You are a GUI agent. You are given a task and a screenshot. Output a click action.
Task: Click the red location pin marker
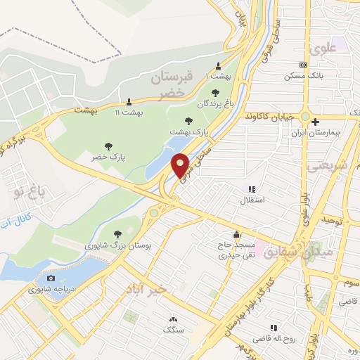point(181,165)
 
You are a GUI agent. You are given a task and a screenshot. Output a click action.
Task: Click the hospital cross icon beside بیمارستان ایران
point(325,122)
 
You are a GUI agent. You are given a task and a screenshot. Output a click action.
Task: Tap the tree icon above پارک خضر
point(108,146)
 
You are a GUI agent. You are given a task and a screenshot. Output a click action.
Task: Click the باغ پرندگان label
point(214,103)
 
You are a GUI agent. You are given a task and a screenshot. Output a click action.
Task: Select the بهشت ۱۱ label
point(128,111)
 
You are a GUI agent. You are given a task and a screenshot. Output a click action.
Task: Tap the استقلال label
point(252,200)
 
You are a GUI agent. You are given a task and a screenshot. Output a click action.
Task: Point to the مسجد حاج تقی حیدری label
point(236,250)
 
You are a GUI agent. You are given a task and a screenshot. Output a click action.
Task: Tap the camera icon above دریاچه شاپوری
point(50,278)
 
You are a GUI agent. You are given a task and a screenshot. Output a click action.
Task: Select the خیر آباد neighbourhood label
point(146,289)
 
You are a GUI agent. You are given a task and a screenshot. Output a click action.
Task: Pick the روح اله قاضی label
point(274,338)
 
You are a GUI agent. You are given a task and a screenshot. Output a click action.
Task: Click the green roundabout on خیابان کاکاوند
point(306,117)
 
